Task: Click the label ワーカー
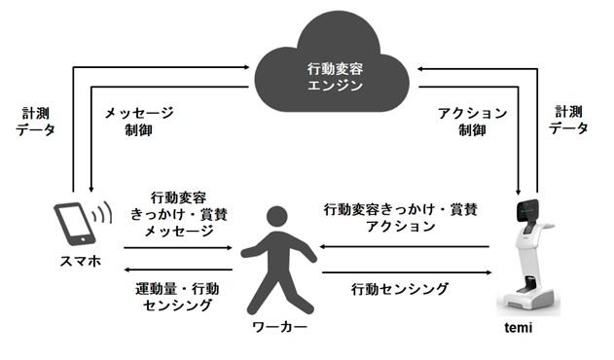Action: (x=280, y=327)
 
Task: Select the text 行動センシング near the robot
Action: (x=400, y=288)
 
